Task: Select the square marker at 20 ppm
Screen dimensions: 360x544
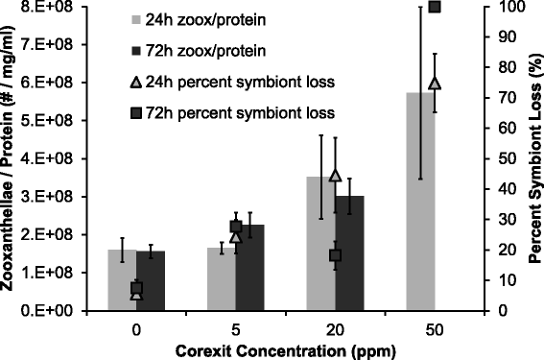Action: click(x=335, y=255)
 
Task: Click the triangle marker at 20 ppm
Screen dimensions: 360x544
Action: click(x=335, y=175)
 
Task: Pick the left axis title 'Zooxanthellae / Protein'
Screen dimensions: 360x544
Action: click(x=12, y=158)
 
